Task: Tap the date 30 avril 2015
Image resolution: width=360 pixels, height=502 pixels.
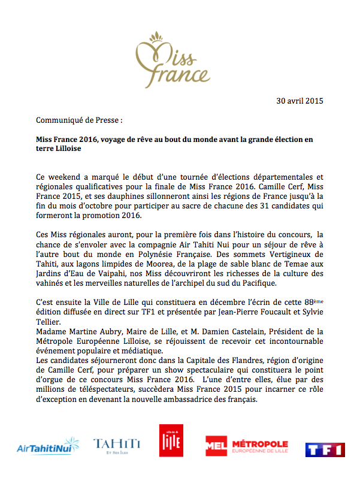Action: click(x=300, y=101)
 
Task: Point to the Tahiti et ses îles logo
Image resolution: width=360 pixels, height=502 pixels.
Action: click(x=117, y=444)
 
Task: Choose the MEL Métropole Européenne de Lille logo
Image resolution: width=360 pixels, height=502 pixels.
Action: click(x=246, y=445)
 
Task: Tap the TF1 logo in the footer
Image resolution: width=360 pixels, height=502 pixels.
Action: click(x=325, y=450)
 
